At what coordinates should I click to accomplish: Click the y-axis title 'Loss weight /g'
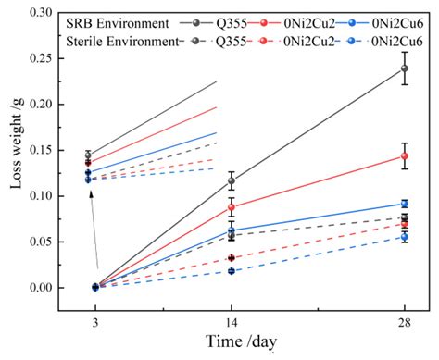click(x=16, y=150)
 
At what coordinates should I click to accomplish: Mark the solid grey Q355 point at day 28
click(x=404, y=68)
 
